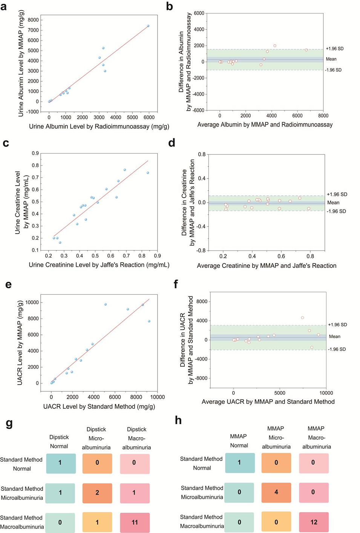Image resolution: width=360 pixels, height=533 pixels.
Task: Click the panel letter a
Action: [4, 6]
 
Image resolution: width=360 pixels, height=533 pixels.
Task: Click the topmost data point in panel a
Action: [148, 26]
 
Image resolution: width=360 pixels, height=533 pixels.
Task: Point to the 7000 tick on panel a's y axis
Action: [33, 30]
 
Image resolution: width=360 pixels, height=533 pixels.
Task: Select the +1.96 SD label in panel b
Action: [334, 49]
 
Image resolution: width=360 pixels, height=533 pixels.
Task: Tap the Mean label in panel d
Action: [333, 203]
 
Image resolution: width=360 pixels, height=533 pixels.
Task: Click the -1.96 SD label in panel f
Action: [337, 349]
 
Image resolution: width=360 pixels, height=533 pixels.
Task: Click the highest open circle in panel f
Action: [302, 318]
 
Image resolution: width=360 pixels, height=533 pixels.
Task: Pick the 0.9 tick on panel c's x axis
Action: [157, 256]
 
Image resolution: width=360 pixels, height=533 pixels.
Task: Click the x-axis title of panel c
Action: [99, 265]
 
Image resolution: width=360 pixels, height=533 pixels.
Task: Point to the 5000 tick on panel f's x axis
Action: [280, 393]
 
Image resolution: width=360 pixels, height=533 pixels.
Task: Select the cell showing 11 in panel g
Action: [135, 522]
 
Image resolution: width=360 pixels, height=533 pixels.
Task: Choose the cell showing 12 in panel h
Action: [314, 522]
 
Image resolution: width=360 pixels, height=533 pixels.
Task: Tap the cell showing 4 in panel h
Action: [276, 492]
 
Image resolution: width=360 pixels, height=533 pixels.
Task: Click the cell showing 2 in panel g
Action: [97, 493]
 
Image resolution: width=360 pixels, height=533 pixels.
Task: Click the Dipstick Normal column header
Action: [59, 441]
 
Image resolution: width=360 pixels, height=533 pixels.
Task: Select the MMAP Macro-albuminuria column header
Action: [316, 437]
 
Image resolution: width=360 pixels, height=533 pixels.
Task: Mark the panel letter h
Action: [179, 420]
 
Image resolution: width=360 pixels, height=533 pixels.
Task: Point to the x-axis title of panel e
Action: [99, 406]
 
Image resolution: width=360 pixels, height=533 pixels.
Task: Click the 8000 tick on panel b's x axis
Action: [323, 116]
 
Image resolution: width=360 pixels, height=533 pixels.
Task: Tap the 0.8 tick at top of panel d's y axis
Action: [202, 154]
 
